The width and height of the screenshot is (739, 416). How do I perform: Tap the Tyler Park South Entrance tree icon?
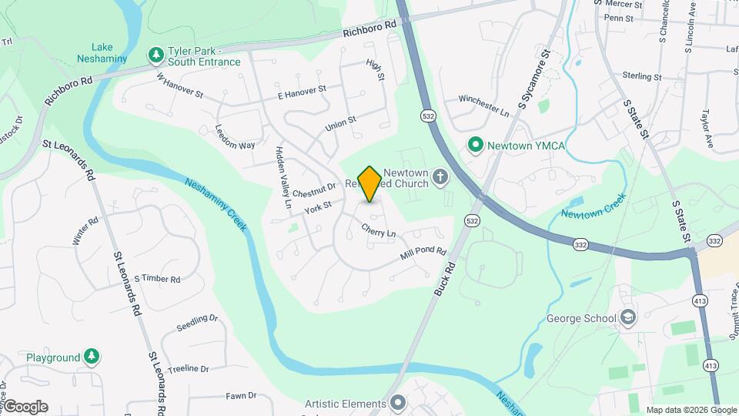[x=155, y=55]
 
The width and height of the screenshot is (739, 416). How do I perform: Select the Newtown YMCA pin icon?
[x=476, y=144]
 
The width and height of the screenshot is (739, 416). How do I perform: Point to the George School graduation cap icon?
[x=629, y=317]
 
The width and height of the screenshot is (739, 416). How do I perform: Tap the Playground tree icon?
[x=92, y=357]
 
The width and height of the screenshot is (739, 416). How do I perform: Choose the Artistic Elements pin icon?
[x=398, y=403]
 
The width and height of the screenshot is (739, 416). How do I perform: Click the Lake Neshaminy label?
[x=101, y=52]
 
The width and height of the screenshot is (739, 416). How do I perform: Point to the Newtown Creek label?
[x=594, y=204]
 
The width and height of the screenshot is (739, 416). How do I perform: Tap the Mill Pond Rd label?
[x=423, y=253]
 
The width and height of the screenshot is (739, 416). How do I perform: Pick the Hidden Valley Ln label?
[x=282, y=178]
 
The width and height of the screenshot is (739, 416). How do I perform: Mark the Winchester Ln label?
[x=483, y=106]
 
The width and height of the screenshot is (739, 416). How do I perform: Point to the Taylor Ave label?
[x=707, y=128]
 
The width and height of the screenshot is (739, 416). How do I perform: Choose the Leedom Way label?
[x=235, y=136]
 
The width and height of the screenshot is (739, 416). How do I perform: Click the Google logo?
[x=25, y=407]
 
